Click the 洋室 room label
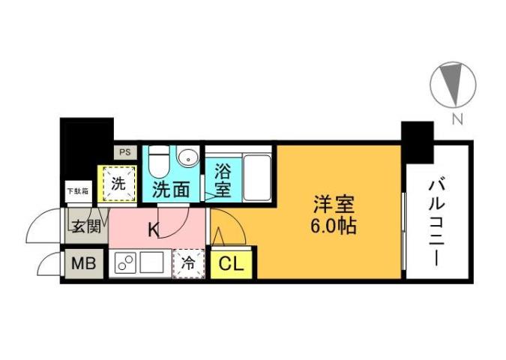point(334,203)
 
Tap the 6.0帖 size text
point(334,225)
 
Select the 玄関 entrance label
point(85,226)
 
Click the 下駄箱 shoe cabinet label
point(77,190)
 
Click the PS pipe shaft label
point(123,152)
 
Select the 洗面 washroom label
point(171,190)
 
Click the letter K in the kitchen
point(152,229)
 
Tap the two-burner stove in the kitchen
point(124,264)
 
